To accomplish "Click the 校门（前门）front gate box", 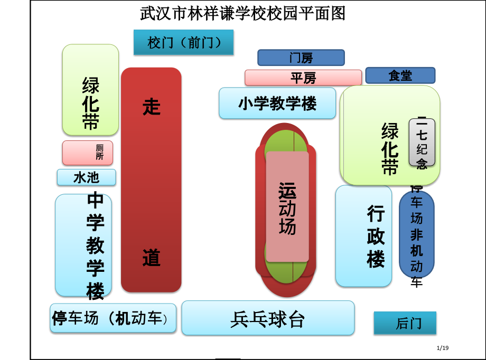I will [183, 42].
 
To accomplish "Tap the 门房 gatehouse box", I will [301, 58].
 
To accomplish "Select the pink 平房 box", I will [303, 78].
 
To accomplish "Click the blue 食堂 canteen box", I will [400, 75].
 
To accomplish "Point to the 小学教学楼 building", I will [277, 103].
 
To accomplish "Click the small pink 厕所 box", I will [87, 153].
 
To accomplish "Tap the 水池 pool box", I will [86, 177].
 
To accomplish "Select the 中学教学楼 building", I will [83, 245].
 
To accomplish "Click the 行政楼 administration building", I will [363, 236].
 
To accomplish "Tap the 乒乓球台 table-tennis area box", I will [268, 318].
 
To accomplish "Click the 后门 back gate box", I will [405, 323].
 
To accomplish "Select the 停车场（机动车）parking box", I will [113, 318].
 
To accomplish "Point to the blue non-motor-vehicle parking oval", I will [416, 234].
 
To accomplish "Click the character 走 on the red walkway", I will [151, 107].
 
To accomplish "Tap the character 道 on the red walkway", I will [151, 258].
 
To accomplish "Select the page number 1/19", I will [443, 347].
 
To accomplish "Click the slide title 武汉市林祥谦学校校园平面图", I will [242, 13].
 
